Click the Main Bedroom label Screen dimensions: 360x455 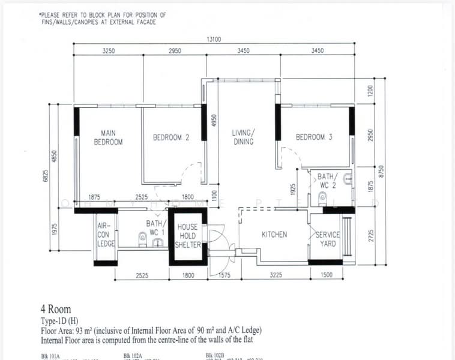click(x=108, y=137)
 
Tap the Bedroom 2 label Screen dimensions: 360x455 click(x=171, y=137)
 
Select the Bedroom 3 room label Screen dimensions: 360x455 click(x=314, y=137)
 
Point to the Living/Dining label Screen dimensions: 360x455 click(x=244, y=137)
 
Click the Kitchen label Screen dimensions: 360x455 click(x=274, y=235)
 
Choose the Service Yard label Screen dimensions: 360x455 click(x=328, y=239)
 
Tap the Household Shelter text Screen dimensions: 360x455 click(x=187, y=236)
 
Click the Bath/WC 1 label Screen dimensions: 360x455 click(x=153, y=227)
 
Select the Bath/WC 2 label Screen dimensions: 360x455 click(x=328, y=181)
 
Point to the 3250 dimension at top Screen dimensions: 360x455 click(x=108, y=51)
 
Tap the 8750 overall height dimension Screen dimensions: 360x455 click(x=379, y=172)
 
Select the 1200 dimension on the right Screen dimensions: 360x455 click(x=370, y=91)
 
